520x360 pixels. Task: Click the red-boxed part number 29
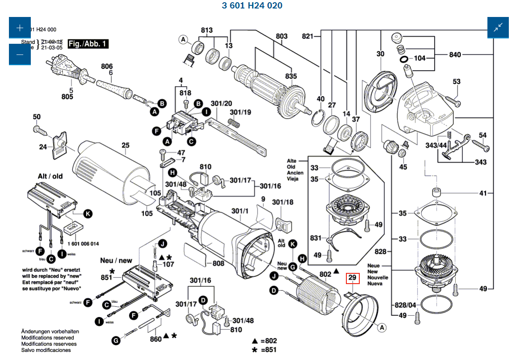[x=353, y=278]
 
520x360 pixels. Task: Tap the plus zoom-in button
[x=20, y=28]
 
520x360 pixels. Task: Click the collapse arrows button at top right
[x=498, y=28]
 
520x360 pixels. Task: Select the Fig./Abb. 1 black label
[x=88, y=44]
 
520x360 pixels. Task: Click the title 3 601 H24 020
[x=252, y=6]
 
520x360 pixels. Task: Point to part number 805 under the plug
[x=67, y=96]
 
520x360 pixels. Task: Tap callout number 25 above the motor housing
[x=125, y=145]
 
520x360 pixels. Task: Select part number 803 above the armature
[x=282, y=36]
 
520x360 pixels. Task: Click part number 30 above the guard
[x=380, y=54]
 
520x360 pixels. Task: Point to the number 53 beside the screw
[x=456, y=82]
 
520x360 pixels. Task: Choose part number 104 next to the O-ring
[x=420, y=58]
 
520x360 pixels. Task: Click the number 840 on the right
[x=455, y=54]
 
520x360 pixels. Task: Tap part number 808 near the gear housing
[x=218, y=264]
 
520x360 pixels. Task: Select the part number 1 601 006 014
[x=84, y=244]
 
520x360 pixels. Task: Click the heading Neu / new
[x=116, y=260]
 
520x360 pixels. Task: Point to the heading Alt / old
[x=50, y=176]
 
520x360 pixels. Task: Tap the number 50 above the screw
[x=37, y=117]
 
